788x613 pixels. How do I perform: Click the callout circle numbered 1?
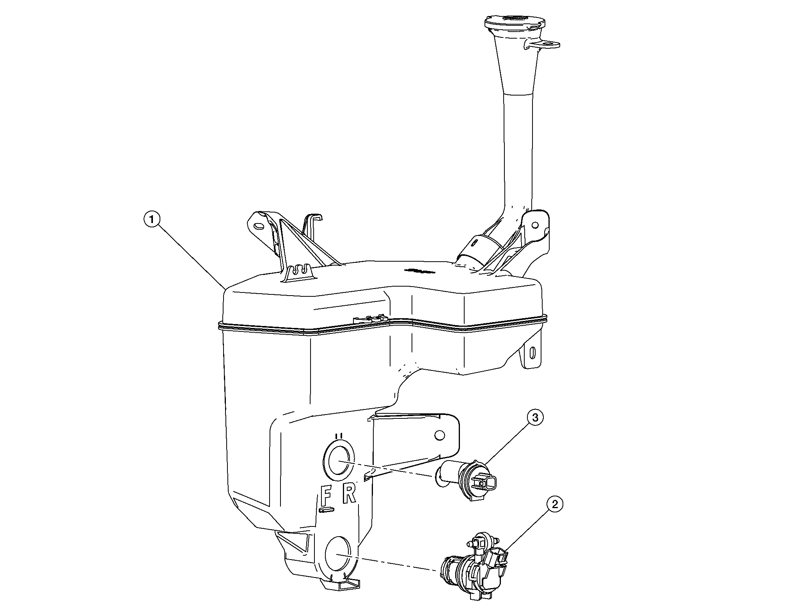click(x=152, y=220)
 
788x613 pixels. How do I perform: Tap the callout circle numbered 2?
click(x=555, y=504)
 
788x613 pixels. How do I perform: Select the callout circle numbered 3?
click(x=535, y=418)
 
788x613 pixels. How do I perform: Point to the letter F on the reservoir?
click(x=326, y=495)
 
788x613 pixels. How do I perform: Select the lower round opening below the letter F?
click(x=339, y=554)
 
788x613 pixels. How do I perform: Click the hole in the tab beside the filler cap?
click(x=551, y=45)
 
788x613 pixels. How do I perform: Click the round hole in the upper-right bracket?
click(x=535, y=225)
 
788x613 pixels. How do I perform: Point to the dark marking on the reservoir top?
click(x=419, y=270)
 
